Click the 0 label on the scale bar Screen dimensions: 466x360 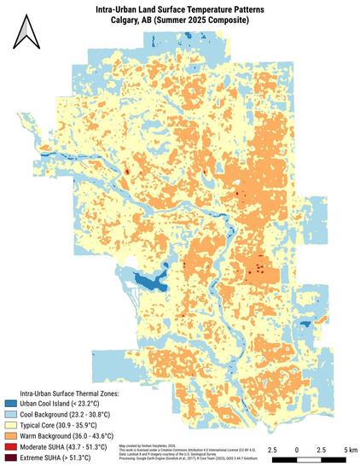coord(296,449)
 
